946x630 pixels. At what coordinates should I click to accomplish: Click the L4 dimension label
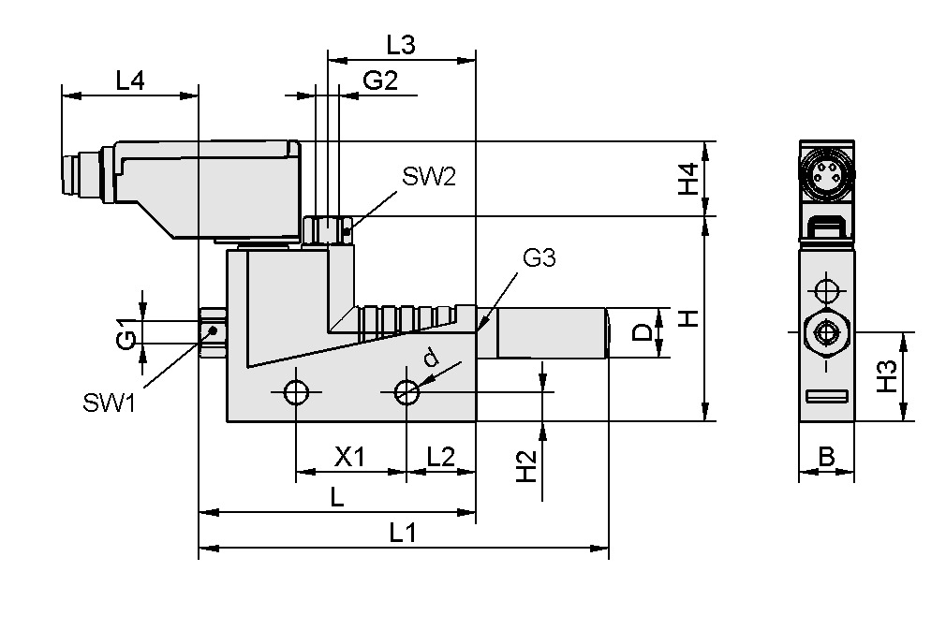[x=129, y=81]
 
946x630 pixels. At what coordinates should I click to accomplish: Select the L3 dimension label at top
[x=400, y=44]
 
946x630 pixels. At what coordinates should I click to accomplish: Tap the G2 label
[x=380, y=81]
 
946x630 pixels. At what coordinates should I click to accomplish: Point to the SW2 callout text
[x=429, y=177]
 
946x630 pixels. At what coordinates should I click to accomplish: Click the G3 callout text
[x=540, y=259]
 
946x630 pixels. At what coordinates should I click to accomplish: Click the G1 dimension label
[x=126, y=333]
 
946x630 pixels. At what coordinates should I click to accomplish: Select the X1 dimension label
[x=350, y=457]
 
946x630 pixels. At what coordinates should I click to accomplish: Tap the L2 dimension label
[x=440, y=457]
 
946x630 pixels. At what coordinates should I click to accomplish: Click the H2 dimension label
[x=528, y=465]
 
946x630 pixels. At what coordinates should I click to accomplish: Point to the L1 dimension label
[x=403, y=533]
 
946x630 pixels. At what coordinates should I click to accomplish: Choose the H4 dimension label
[x=689, y=179]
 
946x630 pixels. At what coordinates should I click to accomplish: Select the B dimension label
[x=826, y=457]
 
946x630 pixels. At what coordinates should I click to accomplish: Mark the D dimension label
[x=643, y=333]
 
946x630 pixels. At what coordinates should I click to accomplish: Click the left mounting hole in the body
[x=296, y=392]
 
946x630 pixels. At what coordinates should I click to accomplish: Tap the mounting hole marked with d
[x=406, y=392]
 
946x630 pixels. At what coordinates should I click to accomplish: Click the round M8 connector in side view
[x=826, y=171]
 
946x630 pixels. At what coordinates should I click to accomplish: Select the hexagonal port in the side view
[x=826, y=332]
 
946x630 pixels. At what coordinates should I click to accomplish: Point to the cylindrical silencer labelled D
[x=551, y=333]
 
